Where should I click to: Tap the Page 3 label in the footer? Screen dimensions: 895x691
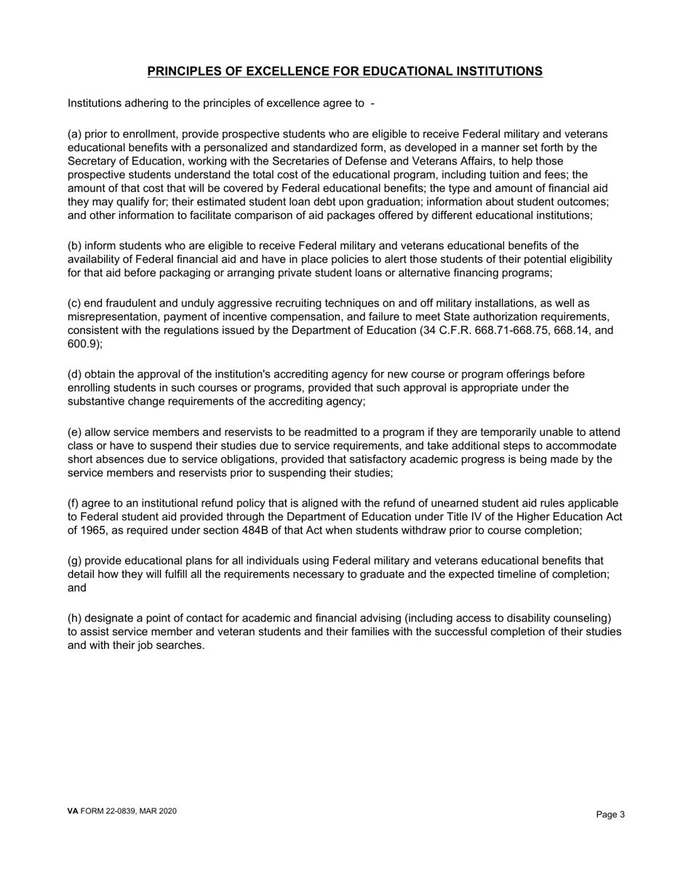tap(610, 815)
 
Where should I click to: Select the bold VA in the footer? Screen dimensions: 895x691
tap(73, 811)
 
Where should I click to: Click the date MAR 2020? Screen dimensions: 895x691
tap(161, 811)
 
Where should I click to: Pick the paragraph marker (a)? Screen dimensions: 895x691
tap(75, 135)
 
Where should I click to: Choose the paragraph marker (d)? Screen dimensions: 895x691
tap(75, 375)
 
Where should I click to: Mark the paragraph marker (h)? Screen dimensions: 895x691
tap(75, 618)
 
